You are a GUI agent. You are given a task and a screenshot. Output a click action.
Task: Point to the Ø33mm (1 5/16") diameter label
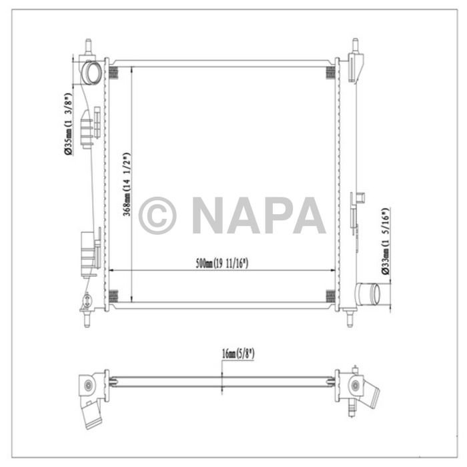click(x=385, y=241)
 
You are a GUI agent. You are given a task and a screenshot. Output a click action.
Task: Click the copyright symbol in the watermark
click(x=157, y=215)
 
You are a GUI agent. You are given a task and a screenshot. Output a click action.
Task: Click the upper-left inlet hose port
click(x=91, y=70)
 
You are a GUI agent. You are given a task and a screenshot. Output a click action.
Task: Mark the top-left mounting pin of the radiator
click(x=88, y=47)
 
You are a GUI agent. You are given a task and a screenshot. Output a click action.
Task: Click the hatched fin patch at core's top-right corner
click(x=330, y=72)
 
